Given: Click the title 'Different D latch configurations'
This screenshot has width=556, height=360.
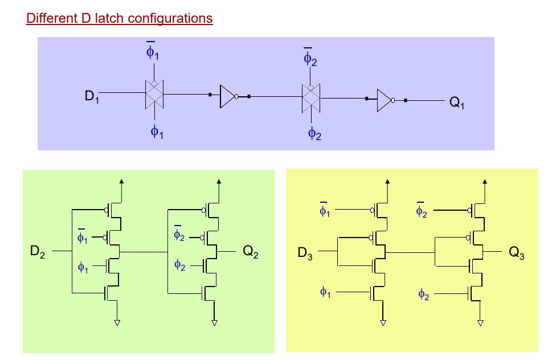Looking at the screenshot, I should [x=119, y=18].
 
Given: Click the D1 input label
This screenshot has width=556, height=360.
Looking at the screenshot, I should [x=92, y=97].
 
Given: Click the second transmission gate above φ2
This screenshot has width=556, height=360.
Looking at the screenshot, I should [x=311, y=99].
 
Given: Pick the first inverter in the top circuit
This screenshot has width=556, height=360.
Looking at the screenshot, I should [x=228, y=97].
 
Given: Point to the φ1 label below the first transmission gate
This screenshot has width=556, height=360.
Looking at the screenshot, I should [x=157, y=132].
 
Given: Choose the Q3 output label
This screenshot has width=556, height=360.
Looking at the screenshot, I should [x=517, y=253].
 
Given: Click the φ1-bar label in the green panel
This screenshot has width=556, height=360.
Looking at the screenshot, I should [x=83, y=236].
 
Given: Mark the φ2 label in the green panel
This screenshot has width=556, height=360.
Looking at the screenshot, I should [x=180, y=265].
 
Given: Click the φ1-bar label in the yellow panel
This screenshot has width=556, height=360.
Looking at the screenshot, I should [x=325, y=211].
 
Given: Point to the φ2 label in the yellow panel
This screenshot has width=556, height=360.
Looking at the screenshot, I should [x=423, y=294].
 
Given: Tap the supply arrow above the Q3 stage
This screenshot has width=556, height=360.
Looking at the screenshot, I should [x=485, y=182].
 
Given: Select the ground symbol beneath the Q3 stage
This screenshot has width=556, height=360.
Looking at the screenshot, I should [x=480, y=323].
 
